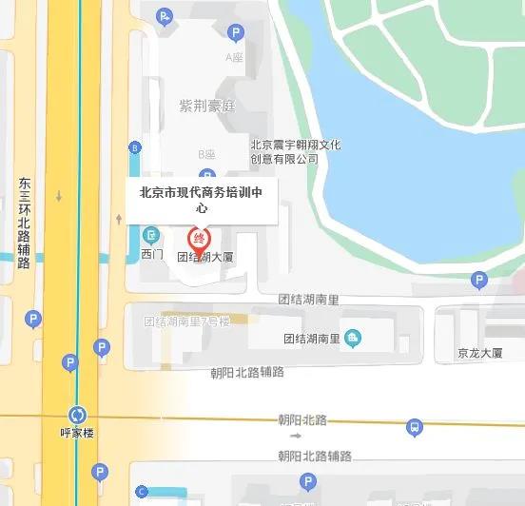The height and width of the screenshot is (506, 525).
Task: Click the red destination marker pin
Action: pyautogui.click(x=200, y=240)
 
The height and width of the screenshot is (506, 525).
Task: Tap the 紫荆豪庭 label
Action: pyautogui.click(x=205, y=105)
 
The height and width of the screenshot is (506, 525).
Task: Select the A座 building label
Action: pyautogui.click(x=234, y=58)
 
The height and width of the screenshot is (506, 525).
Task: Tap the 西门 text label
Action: pyautogui.click(x=151, y=255)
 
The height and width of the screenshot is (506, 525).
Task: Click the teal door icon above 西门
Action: pyautogui.click(x=151, y=235)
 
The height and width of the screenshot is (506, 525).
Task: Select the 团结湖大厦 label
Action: pyautogui.click(x=205, y=257)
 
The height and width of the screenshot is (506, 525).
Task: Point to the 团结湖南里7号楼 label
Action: pyautogui.click(x=186, y=321)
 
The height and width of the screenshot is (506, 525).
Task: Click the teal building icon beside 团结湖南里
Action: pyautogui.click(x=353, y=337)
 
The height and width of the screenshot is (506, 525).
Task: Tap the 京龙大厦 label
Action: pyautogui.click(x=478, y=353)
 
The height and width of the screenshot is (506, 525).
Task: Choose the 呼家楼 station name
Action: pyautogui.click(x=78, y=433)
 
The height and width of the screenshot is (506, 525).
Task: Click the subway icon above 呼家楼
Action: pyautogui.click(x=78, y=415)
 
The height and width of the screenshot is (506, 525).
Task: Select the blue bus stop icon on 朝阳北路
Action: pyautogui.click(x=414, y=428)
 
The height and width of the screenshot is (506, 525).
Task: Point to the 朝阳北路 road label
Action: pyautogui.click(x=302, y=419)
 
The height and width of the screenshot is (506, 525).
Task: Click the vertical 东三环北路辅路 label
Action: pyautogui.click(x=25, y=223)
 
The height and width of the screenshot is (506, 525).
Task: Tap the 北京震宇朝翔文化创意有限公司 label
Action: pyautogui.click(x=295, y=152)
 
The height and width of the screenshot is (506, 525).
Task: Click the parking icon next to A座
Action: pyautogui.click(x=236, y=33)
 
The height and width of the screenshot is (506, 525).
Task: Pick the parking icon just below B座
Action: pyautogui.click(x=207, y=175)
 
